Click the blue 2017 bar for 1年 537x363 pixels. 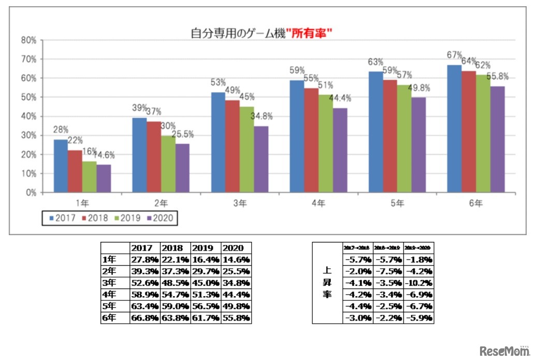[x=61, y=166]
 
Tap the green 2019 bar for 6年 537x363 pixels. [x=483, y=134]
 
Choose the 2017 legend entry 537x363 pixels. [x=63, y=218]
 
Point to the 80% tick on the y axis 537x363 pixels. [x=28, y=40]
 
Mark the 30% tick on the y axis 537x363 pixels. [x=28, y=135]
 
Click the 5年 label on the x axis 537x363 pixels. [x=397, y=204]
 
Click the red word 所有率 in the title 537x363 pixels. [x=310, y=34]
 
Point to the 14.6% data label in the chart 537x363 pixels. [x=104, y=155]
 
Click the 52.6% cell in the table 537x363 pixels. [x=145, y=283]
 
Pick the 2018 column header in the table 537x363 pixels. [x=175, y=248]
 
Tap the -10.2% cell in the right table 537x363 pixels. [x=418, y=283]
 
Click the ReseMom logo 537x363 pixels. [x=504, y=351]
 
